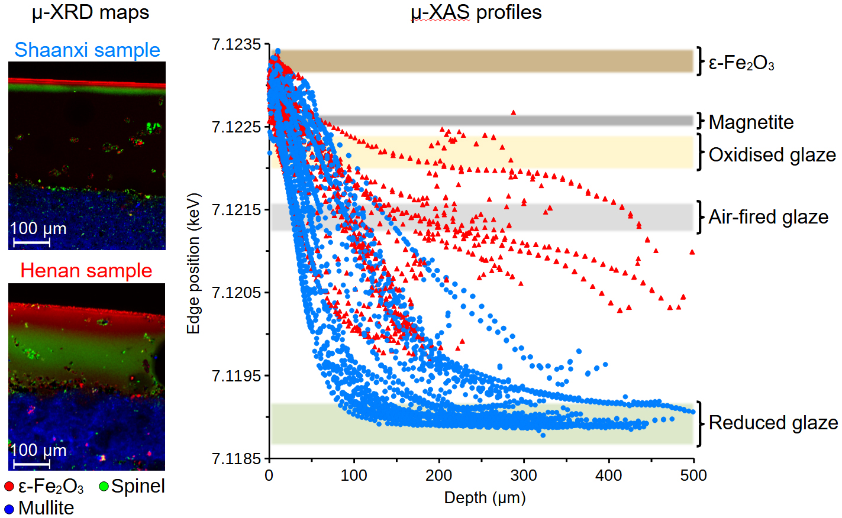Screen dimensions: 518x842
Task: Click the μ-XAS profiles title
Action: point(476,12)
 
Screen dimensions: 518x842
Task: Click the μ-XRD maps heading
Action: point(90,12)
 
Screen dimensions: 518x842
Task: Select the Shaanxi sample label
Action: point(87,50)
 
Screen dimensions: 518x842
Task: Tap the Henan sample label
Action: point(86,271)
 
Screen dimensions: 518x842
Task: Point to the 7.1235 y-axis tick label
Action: point(236,45)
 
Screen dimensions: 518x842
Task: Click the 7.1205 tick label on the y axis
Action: point(236,293)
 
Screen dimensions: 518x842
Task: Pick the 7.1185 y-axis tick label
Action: point(236,458)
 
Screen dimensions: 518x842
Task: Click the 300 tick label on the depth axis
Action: point(524,475)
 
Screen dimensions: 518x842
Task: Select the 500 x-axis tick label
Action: point(693,475)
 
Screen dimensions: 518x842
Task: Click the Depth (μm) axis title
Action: point(485,498)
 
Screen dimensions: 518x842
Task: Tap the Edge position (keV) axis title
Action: point(193,263)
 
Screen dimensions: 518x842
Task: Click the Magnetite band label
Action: point(751,122)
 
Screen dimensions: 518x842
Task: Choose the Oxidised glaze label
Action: point(772,155)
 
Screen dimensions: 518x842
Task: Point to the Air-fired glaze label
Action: point(768,217)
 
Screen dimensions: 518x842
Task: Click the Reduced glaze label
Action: point(773,423)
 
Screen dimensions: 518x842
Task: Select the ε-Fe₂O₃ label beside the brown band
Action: point(741,63)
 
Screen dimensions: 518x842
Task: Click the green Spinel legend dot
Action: point(104,487)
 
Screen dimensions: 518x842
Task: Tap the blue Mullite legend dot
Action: point(9,509)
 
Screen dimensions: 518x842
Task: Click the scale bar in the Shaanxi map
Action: point(31,242)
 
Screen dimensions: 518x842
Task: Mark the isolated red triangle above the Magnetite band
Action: point(513,112)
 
